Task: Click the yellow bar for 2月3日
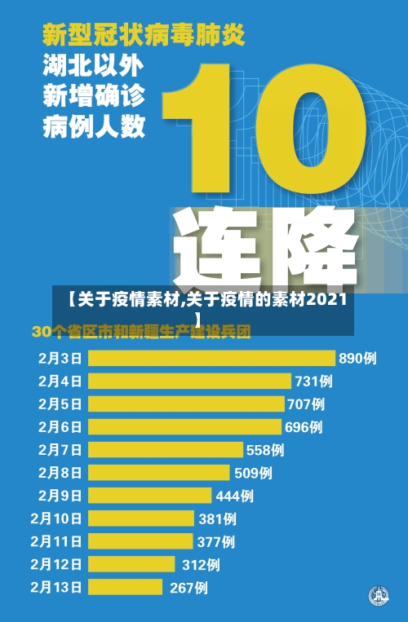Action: click(211, 358)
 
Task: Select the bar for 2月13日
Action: click(126, 587)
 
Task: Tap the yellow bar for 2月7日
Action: click(166, 449)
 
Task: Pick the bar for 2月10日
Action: click(141, 518)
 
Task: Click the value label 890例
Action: click(357, 358)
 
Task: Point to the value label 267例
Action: click(188, 587)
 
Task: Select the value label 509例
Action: click(253, 472)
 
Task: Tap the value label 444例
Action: click(234, 495)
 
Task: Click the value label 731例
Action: click(313, 381)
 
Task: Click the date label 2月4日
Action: click(60, 381)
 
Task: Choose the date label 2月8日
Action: click(60, 472)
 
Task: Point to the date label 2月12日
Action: click(57, 564)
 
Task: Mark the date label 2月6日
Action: click(60, 426)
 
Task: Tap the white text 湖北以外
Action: click(93, 64)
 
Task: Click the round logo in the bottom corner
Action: click(378, 595)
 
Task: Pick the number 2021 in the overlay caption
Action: click(326, 299)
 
